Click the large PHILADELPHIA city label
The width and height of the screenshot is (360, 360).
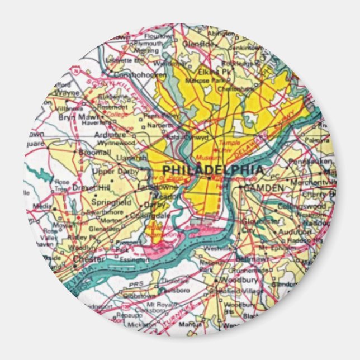(212, 169)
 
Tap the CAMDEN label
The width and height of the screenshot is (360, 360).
(264, 188)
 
